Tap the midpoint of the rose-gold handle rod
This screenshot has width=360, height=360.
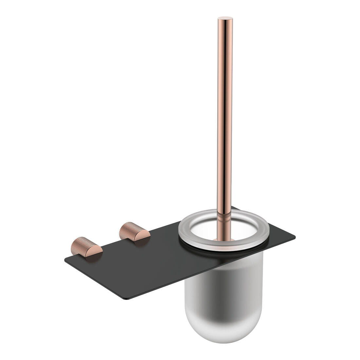coord(225,115)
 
